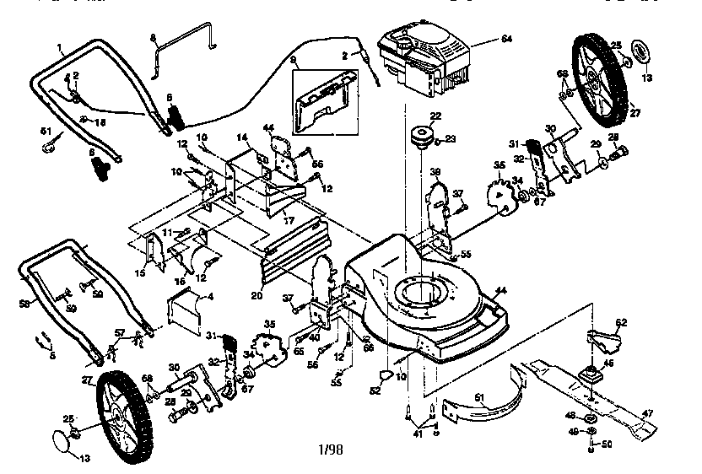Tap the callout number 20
click(256, 294)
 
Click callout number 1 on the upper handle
click(61, 46)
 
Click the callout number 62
click(621, 322)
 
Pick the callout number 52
click(374, 391)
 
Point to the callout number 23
click(450, 139)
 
